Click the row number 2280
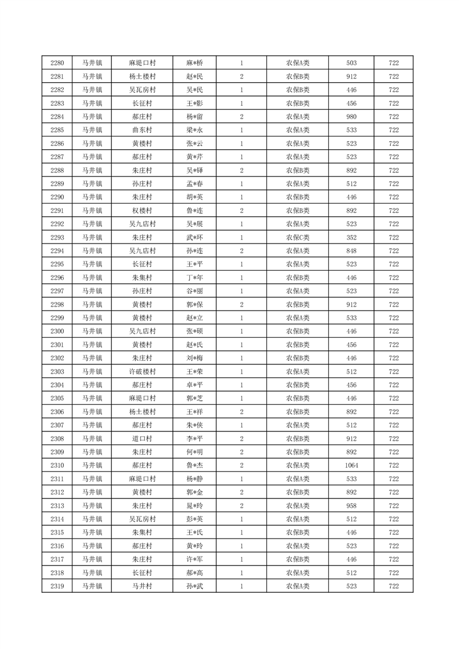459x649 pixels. (57, 63)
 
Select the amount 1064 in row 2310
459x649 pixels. (351, 466)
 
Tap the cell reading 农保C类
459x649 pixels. (298, 238)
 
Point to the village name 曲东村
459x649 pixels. (142, 130)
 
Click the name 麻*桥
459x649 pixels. (194, 63)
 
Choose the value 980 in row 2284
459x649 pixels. (351, 117)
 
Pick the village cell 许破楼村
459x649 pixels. (142, 372)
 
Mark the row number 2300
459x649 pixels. (57, 331)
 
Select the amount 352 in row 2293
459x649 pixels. (351, 238)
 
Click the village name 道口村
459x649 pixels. (142, 439)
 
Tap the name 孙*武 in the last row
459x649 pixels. (194, 587)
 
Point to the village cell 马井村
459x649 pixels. (142, 587)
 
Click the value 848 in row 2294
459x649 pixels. (351, 251)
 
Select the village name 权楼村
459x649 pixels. (142, 211)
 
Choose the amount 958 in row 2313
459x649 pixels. (351, 506)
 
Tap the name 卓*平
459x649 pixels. (194, 385)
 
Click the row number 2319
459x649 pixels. (57, 587)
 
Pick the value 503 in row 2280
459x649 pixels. (351, 63)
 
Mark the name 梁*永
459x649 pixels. (194, 130)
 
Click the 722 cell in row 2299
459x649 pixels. (394, 318)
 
